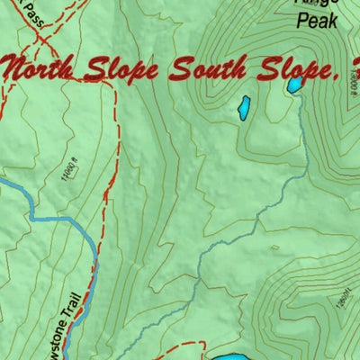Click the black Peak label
[316, 19]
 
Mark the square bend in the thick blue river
[34, 216]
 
